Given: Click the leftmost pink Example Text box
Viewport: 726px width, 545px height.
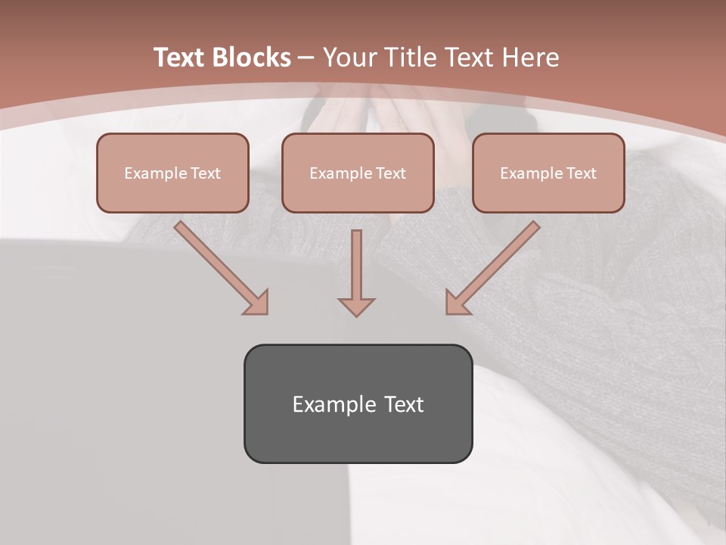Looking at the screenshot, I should point(172,173).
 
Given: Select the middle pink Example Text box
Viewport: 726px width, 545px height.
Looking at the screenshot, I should point(358,173).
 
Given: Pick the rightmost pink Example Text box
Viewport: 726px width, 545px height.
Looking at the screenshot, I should point(548,173).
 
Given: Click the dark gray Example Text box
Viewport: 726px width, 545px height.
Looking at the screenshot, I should point(358,403).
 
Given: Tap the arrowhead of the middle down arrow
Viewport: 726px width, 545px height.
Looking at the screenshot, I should point(356,307).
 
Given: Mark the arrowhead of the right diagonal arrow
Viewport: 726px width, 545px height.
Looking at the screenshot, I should point(455,304).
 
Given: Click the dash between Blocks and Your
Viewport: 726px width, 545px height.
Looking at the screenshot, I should point(306,58).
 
